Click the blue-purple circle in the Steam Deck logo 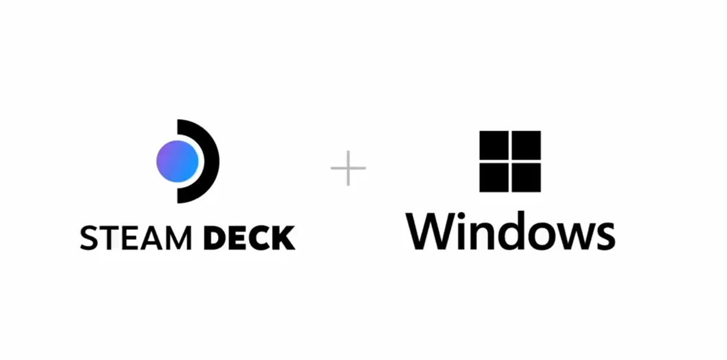(178, 161)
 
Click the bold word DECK (249, 238)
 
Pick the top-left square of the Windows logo (494, 145)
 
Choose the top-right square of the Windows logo (526, 145)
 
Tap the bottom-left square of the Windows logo (494, 178)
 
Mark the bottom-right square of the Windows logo (526, 178)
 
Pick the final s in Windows (603, 236)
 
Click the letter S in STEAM (89, 238)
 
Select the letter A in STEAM (151, 238)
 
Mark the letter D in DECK (214, 238)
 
